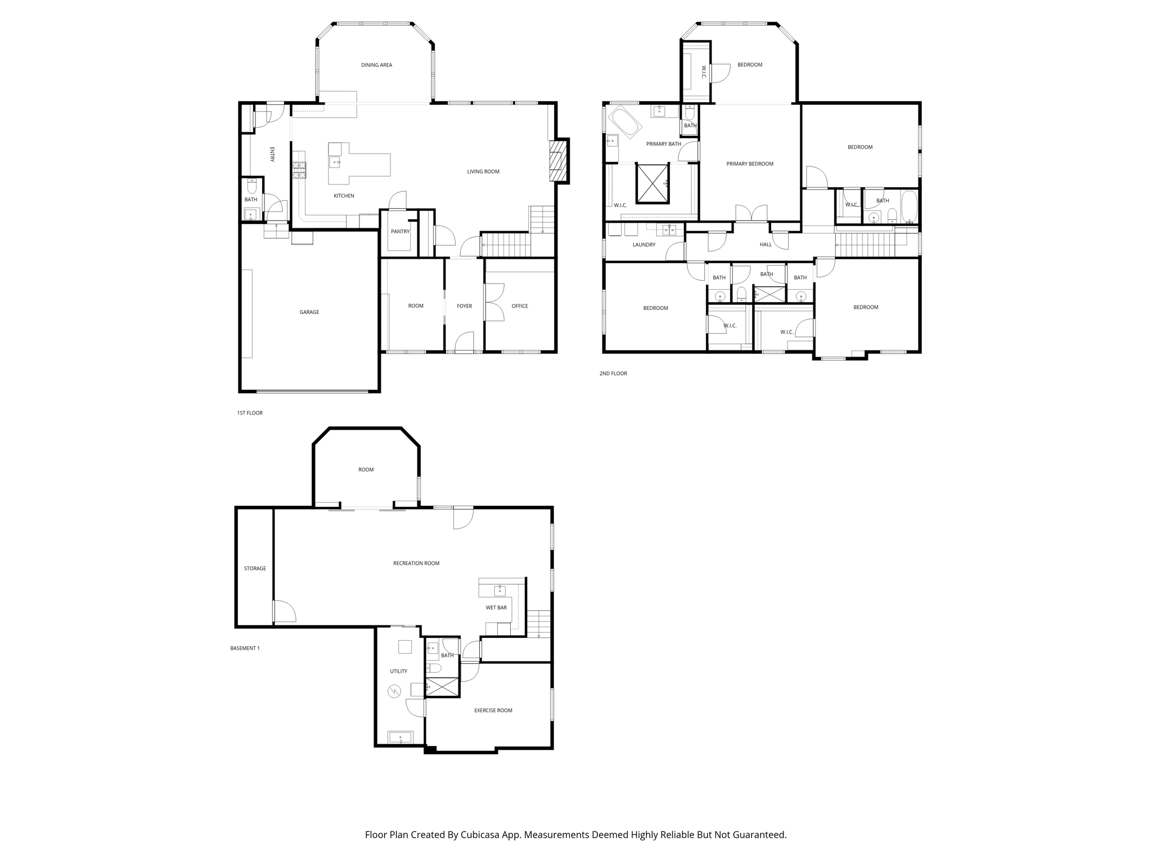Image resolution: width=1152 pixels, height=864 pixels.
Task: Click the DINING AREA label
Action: (376, 65)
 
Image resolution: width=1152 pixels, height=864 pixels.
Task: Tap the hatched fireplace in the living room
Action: (557, 161)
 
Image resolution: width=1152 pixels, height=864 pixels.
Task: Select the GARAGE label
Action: (309, 312)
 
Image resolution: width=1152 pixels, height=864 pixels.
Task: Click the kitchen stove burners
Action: (299, 170)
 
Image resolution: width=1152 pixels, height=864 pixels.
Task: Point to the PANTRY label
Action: (400, 232)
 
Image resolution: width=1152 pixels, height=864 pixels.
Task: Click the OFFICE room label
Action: (519, 306)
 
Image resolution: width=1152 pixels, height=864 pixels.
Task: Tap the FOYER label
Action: (464, 306)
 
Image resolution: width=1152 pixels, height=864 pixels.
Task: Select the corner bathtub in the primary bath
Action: (626, 121)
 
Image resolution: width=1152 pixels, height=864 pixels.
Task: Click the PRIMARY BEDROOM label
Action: (749, 164)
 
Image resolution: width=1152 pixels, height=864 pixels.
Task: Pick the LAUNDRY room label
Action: (643, 245)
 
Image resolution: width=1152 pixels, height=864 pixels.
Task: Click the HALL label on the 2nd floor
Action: (766, 245)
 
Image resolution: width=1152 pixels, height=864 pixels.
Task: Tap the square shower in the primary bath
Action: (652, 182)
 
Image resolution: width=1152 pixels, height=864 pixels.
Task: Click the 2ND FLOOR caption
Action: (613, 373)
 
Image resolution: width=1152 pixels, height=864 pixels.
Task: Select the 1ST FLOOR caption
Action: (250, 413)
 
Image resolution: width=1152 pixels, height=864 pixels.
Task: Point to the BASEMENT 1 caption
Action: (245, 648)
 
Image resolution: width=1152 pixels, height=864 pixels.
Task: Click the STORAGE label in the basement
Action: (255, 569)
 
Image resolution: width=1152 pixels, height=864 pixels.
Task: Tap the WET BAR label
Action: (496, 607)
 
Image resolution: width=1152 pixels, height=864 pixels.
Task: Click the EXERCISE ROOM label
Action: (493, 710)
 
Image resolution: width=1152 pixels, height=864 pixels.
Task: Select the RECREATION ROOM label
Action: (416, 563)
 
